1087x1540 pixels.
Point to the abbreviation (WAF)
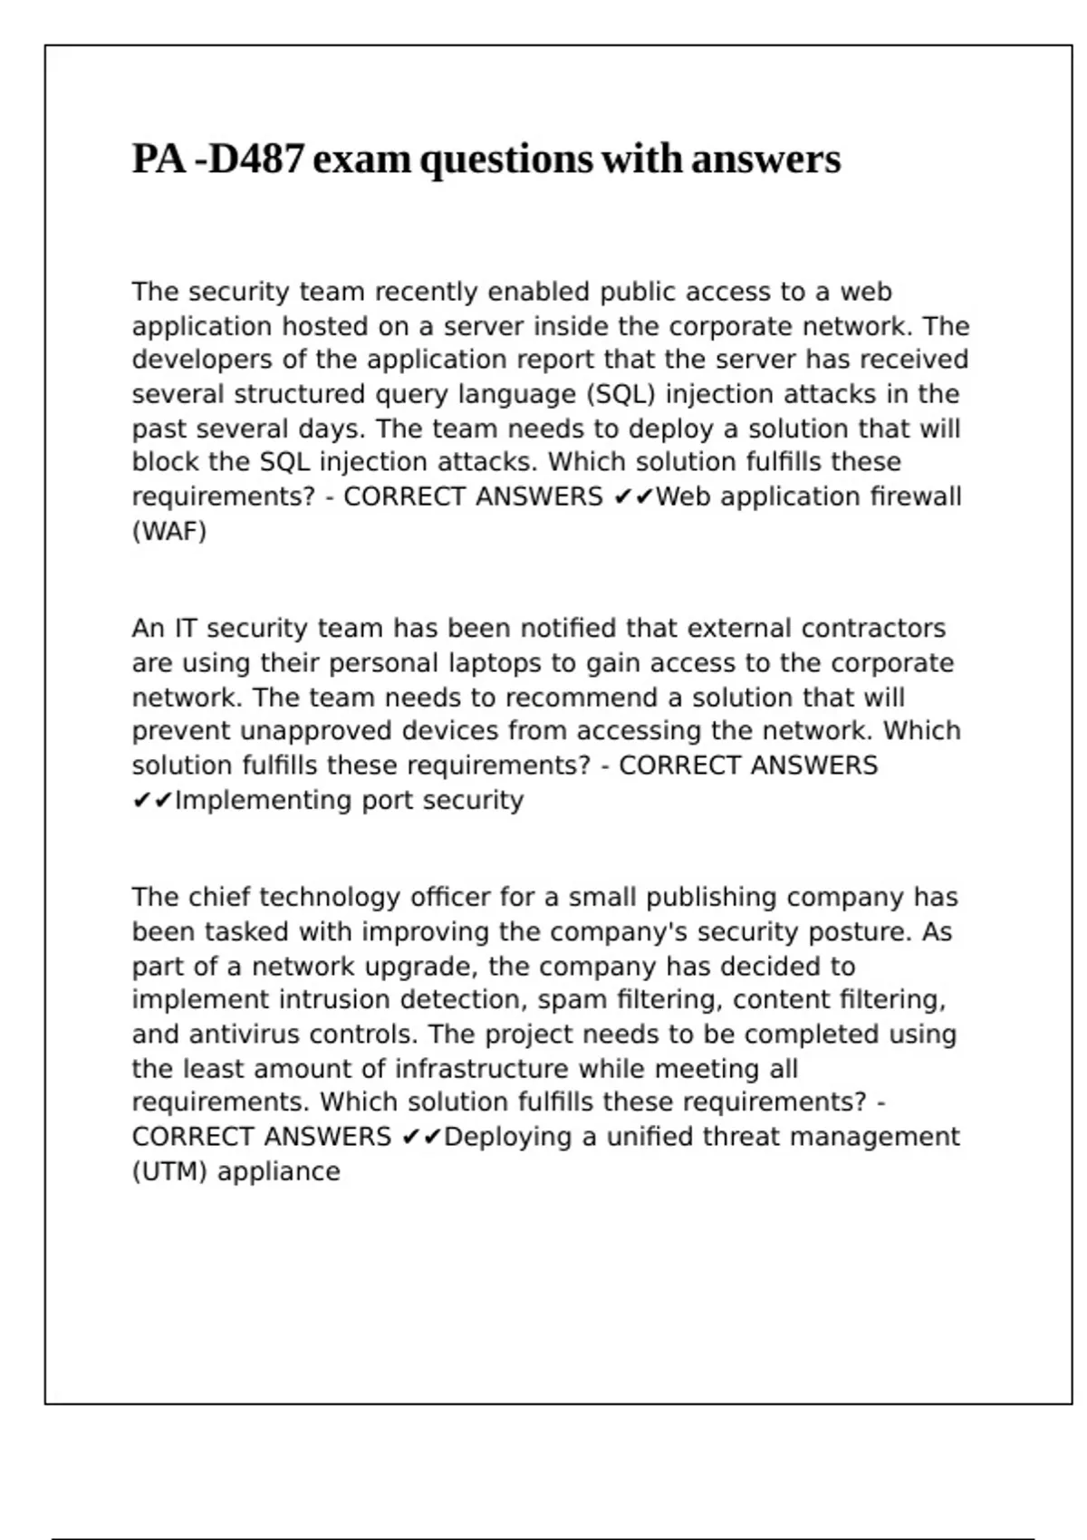coord(169,531)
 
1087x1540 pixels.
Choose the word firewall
coord(916,496)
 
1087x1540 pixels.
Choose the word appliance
coord(278,1171)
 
